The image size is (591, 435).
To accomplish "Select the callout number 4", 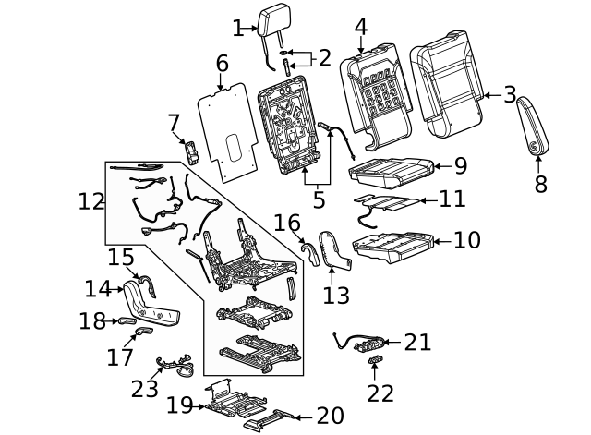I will (360, 27).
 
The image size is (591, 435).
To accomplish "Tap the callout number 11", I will (452, 199).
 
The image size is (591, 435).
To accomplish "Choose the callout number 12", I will (91, 201).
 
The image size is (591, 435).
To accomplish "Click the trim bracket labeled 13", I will (332, 252).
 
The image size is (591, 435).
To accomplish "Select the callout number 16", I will (286, 223).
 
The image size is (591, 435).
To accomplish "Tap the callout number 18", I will (92, 321).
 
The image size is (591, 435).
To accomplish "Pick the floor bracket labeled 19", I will (225, 401).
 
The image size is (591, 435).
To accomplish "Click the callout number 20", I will (330, 417).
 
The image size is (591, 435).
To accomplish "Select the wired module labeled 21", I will (367, 344).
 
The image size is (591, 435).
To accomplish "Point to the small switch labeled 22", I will (375, 359).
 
